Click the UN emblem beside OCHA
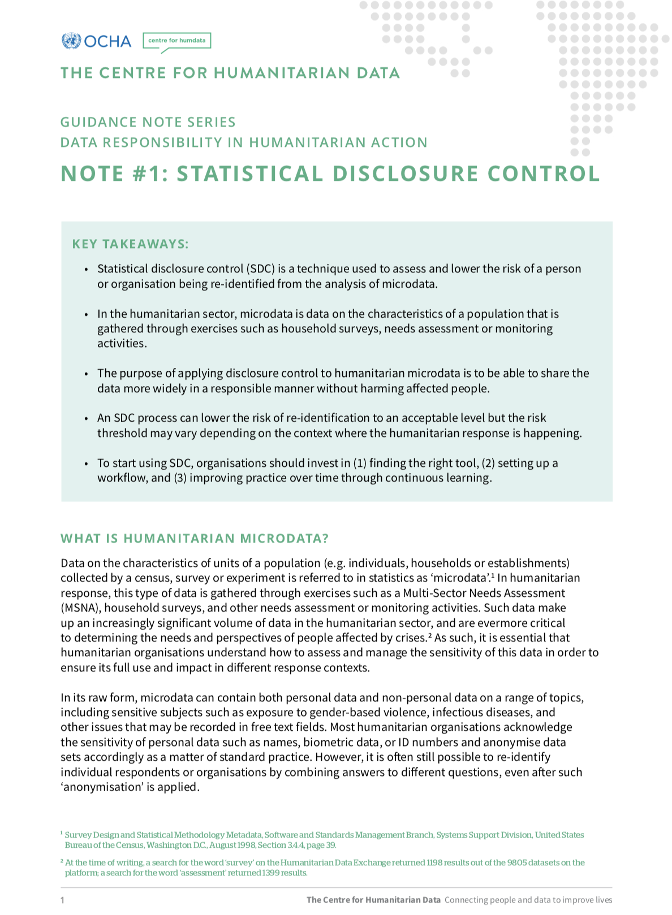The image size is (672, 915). coord(71,41)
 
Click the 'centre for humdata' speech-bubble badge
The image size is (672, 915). coord(176,41)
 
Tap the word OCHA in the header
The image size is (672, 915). coord(107,41)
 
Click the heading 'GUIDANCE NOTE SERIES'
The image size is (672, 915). coord(148,122)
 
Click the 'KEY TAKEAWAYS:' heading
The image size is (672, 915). coord(130,244)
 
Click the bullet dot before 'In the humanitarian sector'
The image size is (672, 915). coord(86,314)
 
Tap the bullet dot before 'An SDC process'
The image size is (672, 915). coord(86,419)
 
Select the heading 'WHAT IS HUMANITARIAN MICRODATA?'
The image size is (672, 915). coord(195,538)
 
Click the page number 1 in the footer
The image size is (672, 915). coord(63,900)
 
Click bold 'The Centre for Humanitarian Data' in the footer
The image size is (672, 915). coord(373,900)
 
